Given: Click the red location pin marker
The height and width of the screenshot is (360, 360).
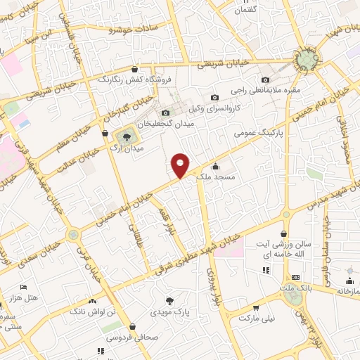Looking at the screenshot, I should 181,165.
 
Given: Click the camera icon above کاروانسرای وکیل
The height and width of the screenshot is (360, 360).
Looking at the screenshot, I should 215,98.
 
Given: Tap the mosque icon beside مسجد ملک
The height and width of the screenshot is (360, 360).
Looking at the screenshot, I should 215,167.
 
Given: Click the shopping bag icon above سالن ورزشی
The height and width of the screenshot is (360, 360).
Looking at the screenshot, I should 283,233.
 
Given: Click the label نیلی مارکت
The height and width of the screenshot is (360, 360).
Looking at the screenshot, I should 257,319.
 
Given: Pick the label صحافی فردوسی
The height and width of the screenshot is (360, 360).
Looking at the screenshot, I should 133,337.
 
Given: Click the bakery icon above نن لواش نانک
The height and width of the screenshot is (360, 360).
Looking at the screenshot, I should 93,298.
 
